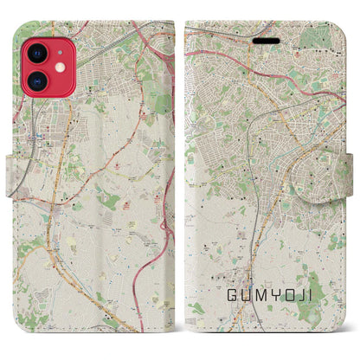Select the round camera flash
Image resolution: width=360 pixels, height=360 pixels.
[x=58, y=67]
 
